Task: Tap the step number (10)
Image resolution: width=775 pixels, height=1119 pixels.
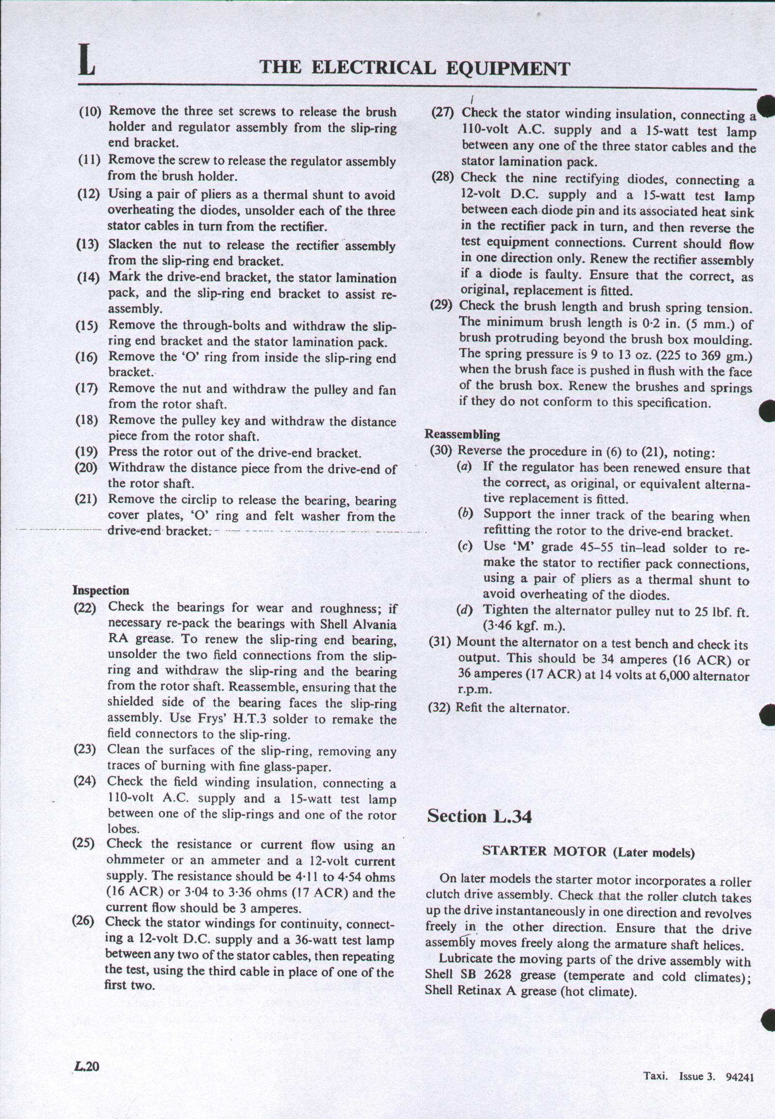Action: (x=90, y=112)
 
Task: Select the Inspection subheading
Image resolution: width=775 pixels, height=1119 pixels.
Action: (x=101, y=590)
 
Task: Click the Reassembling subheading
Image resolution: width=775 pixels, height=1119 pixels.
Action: (x=462, y=434)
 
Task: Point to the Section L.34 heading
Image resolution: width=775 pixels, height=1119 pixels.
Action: (x=479, y=816)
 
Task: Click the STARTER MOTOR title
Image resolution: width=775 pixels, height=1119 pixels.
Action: (x=545, y=852)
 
